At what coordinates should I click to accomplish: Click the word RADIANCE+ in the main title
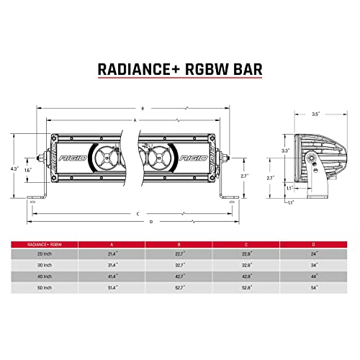(x=133, y=69)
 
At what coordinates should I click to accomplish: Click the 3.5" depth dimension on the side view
(x=315, y=114)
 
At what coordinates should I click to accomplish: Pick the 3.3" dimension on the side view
(x=284, y=151)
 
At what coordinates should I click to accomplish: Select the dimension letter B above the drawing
(x=142, y=108)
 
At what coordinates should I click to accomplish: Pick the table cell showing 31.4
(x=112, y=266)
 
